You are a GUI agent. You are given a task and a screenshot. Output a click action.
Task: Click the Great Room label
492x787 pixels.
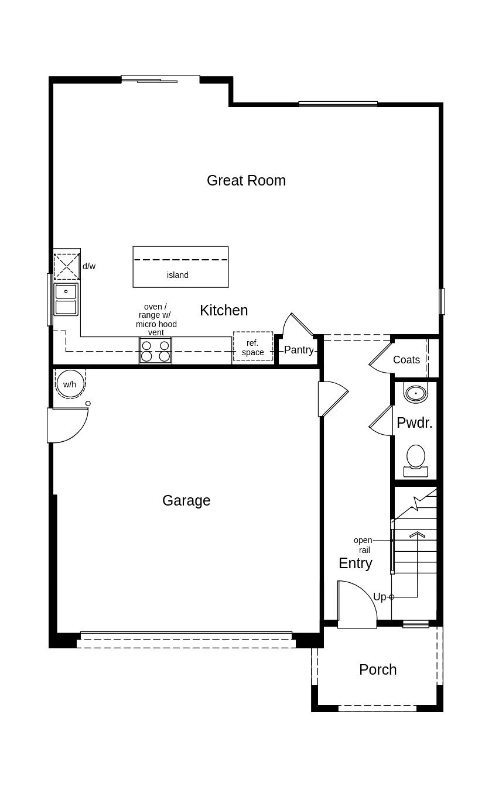[x=246, y=180]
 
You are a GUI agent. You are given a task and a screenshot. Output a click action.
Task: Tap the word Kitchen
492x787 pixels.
[x=224, y=310]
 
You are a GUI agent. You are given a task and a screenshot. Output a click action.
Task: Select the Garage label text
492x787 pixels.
[x=186, y=500]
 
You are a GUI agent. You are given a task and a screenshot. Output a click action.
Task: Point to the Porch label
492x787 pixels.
[x=378, y=669]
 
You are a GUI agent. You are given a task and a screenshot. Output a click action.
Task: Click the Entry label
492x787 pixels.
[x=355, y=563]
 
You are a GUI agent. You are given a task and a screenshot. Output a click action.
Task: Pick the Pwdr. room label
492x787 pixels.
[x=414, y=423]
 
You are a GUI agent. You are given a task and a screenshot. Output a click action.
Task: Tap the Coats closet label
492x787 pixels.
[x=406, y=360]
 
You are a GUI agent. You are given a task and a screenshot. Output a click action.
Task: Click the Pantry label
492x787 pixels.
[x=299, y=350]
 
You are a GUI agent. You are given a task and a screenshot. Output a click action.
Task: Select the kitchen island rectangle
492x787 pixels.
[x=180, y=267]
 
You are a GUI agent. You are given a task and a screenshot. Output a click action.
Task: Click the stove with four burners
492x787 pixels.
[x=155, y=350]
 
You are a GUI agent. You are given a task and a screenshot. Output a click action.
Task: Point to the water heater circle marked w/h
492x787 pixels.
[x=70, y=384]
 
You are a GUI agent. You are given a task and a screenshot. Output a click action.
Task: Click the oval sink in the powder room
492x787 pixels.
[x=416, y=393]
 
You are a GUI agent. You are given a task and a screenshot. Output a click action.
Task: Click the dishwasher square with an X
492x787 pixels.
[x=66, y=266]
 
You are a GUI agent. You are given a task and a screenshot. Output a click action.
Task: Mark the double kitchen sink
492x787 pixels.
[x=66, y=299]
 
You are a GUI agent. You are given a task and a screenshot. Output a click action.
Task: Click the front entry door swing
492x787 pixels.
[x=356, y=606]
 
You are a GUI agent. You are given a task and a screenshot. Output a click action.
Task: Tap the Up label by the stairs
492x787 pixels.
[x=380, y=597]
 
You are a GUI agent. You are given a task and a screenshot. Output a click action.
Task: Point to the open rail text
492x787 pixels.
[x=363, y=545]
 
